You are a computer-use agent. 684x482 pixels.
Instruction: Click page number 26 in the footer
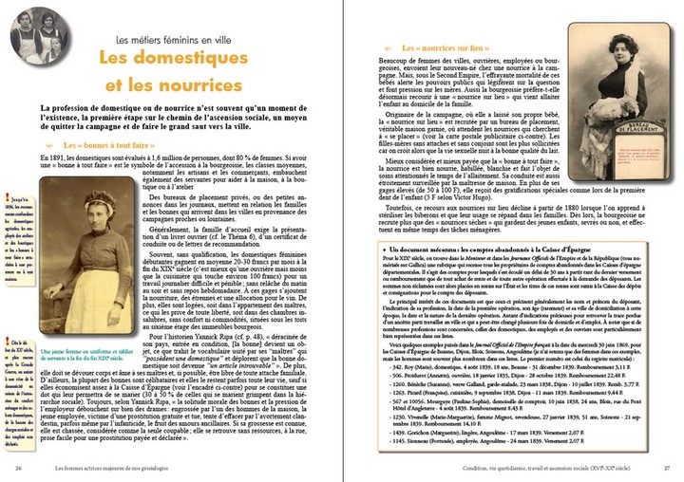pyautogui.click(x=19, y=468)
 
